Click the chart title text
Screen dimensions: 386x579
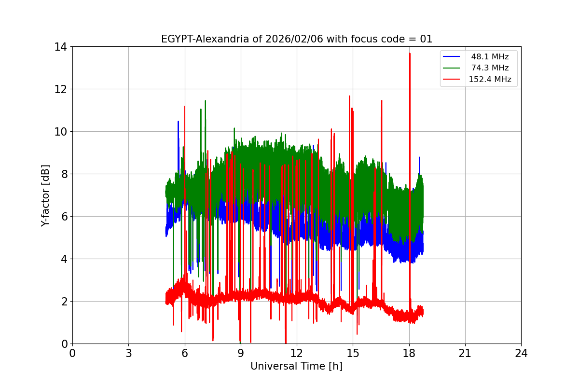coord(296,39)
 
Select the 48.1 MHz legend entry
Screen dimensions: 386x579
coord(490,57)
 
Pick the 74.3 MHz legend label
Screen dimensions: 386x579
coord(490,68)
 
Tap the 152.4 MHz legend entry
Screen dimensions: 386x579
coord(490,79)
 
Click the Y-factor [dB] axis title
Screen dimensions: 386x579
coord(45,195)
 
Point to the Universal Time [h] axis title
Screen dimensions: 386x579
coord(296,366)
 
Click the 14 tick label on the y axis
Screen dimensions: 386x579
coord(61,47)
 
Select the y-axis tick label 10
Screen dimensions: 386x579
coord(61,132)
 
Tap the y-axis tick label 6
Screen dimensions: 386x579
coord(64,217)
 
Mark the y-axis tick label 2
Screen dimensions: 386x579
coord(64,302)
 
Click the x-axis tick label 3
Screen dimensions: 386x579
coord(128,353)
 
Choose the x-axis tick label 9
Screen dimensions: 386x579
coord(241,353)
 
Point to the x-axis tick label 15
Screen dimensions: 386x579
coord(353,353)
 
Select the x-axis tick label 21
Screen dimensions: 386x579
coord(465,353)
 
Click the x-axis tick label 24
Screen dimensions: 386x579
coord(521,353)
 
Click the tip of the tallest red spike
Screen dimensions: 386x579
coord(410,53)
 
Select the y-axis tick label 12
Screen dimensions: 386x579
coord(61,89)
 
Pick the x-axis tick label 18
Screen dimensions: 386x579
coord(409,353)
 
